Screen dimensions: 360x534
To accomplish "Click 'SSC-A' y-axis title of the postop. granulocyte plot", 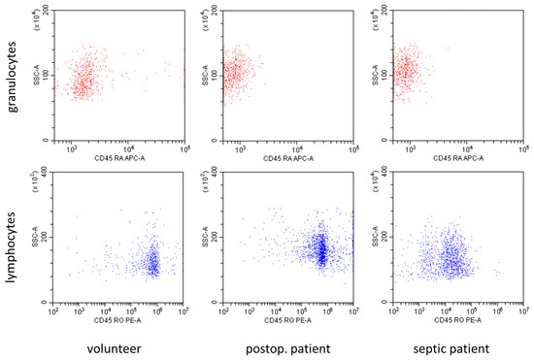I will pos(208,73).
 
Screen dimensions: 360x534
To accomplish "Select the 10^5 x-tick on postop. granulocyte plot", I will pos(353,148).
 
